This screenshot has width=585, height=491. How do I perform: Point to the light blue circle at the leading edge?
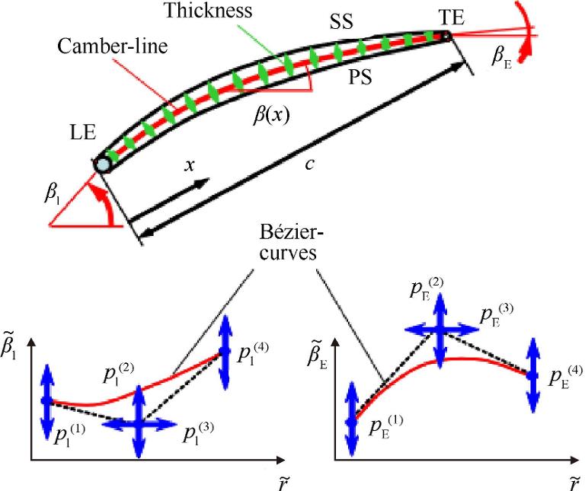point(103,164)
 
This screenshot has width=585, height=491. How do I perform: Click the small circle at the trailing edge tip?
point(446,35)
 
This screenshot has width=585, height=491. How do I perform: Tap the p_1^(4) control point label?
point(255,352)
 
